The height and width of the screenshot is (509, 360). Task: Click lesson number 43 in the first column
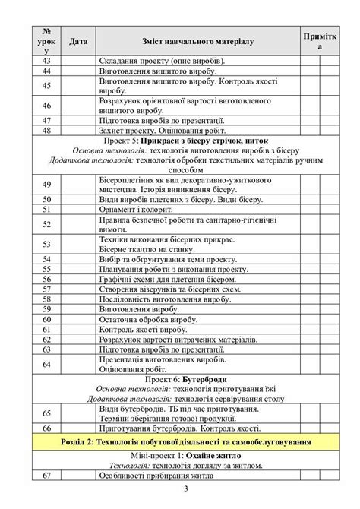[47, 60]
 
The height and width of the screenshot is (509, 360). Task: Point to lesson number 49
[47, 185]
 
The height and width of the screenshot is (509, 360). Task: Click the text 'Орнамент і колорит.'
[134, 210]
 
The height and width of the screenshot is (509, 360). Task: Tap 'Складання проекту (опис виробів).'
[160, 60]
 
